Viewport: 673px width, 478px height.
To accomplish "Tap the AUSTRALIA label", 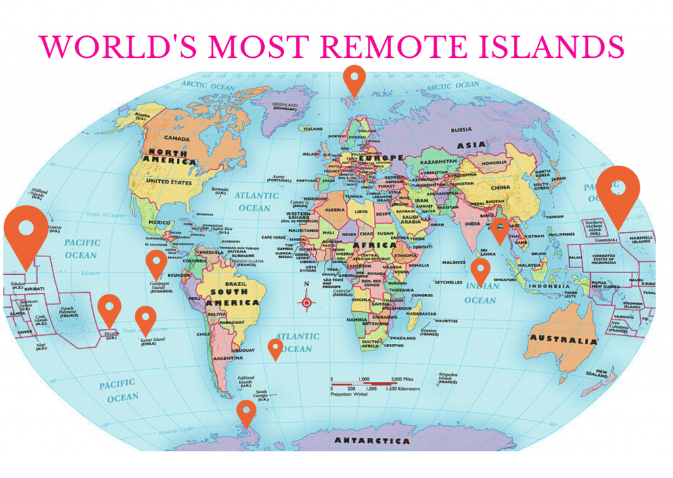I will [563, 341].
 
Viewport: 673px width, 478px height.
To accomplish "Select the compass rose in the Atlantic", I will [306, 302].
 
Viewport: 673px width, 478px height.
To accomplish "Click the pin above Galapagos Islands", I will [156, 262].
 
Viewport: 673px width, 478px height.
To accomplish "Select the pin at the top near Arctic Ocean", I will [355, 79].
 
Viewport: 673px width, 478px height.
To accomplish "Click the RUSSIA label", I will [462, 129].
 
